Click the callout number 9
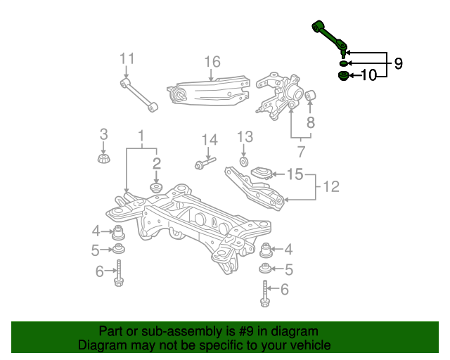[x=398, y=63]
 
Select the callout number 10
[x=368, y=75]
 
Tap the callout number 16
[x=212, y=62]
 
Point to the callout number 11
[x=127, y=58]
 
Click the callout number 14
[x=210, y=140]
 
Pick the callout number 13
[x=245, y=137]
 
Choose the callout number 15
[x=295, y=174]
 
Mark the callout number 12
[x=331, y=186]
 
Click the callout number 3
[x=103, y=134]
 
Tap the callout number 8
[x=311, y=122]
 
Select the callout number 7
[x=300, y=152]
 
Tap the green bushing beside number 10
[x=343, y=76]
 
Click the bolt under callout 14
[x=205, y=163]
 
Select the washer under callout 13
[x=244, y=162]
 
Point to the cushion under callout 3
[x=104, y=159]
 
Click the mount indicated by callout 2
[x=156, y=188]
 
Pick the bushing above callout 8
[x=310, y=95]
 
